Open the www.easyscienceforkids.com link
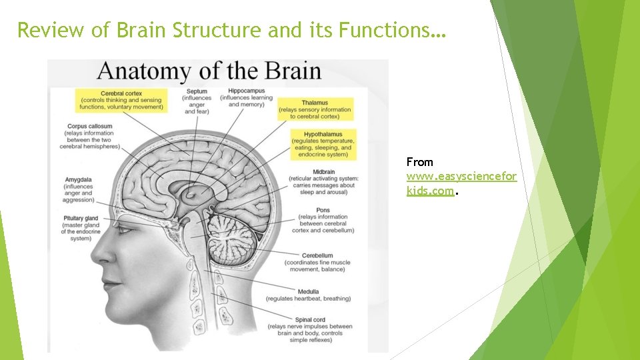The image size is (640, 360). pos(461,177)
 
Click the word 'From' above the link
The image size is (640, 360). pos(420,162)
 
